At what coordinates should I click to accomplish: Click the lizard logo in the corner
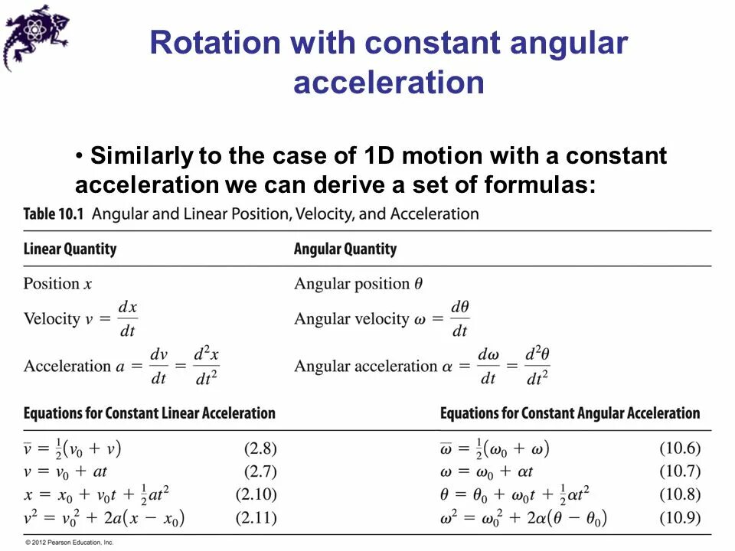34,35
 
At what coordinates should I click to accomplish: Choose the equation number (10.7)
680,472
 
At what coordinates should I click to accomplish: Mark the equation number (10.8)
680,495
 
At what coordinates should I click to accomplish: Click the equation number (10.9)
680,518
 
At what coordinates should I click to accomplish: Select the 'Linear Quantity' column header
70,249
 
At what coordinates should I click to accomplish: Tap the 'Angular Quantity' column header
345,249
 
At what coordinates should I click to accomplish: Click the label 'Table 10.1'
54,214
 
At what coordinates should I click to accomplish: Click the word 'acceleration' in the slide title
388,83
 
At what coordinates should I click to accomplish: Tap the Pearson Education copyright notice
70,543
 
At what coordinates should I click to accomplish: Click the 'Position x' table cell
57,284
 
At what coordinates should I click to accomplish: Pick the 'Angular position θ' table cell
358,284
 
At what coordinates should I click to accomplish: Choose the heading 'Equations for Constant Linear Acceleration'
149,413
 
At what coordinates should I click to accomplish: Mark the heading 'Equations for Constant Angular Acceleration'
570,413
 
